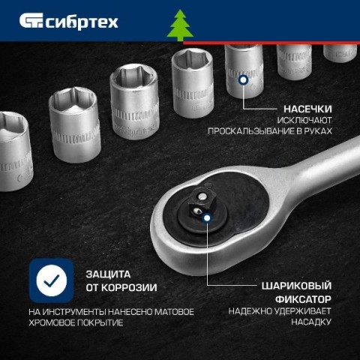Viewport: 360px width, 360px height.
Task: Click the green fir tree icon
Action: click(x=180, y=25)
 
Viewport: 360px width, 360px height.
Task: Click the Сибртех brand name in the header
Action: click(x=82, y=22)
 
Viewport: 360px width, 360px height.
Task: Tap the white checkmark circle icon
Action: click(x=52, y=280)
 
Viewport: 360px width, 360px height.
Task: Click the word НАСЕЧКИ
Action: click(x=307, y=109)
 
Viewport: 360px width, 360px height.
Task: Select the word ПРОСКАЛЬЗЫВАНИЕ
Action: click(x=251, y=131)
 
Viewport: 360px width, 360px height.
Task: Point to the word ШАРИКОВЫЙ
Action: click(x=296, y=286)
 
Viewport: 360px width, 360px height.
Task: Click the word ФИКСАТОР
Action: click(x=303, y=299)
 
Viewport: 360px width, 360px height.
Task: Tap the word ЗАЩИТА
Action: click(x=108, y=274)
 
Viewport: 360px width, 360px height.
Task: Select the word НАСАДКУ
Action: click(x=311, y=322)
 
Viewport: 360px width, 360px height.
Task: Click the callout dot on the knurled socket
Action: click(x=243, y=79)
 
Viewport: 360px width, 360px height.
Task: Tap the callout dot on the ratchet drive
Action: click(x=207, y=217)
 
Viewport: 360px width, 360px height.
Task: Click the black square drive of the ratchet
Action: click(x=198, y=202)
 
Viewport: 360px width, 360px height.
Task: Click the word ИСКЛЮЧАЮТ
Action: click(x=304, y=120)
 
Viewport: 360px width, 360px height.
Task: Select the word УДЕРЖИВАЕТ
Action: click(x=302, y=311)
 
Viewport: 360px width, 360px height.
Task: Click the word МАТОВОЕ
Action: click(x=174, y=312)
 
